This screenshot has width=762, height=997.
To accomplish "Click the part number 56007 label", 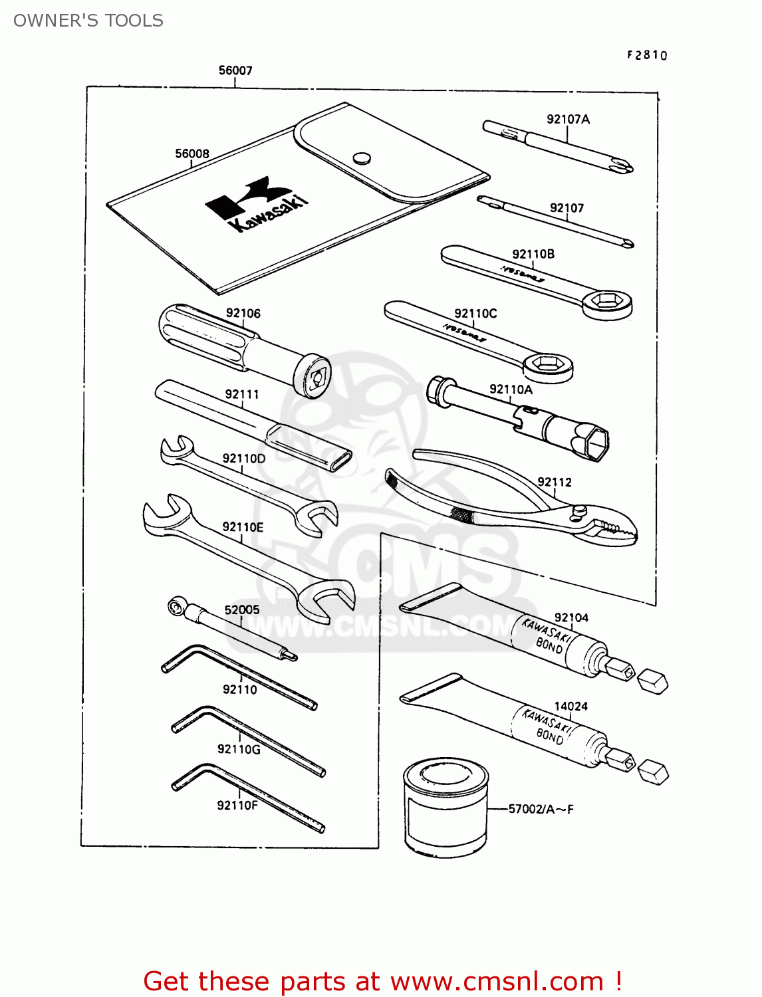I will pyautogui.click(x=235, y=70).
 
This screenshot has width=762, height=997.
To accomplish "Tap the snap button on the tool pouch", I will pyautogui.click(x=362, y=158).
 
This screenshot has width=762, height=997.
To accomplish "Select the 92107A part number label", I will pyautogui.click(x=568, y=119).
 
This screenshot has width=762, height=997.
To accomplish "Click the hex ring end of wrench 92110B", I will pyautogui.click(x=606, y=303).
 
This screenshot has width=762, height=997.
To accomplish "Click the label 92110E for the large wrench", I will pyautogui.click(x=243, y=527).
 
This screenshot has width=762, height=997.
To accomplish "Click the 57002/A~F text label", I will pyautogui.click(x=541, y=809).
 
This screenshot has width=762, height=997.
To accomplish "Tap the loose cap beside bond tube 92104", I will pyautogui.click(x=652, y=682).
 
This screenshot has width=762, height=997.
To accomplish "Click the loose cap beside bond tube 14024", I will pyautogui.click(x=652, y=772).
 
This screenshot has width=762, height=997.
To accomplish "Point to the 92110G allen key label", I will pyautogui.click(x=239, y=749).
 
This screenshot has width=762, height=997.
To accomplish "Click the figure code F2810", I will pyautogui.click(x=646, y=55).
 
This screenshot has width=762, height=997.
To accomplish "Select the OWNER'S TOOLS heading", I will pyautogui.click(x=88, y=21).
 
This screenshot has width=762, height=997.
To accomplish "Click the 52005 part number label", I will pyautogui.click(x=241, y=609).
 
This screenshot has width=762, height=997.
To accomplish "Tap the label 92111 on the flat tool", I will pyautogui.click(x=242, y=394).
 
